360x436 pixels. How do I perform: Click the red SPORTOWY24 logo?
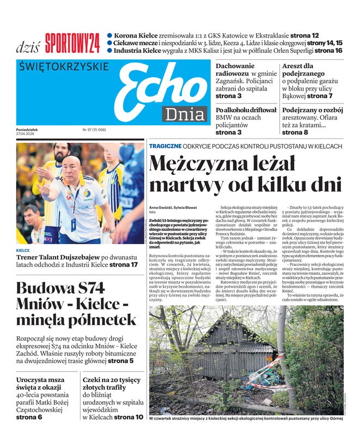[x=72, y=43]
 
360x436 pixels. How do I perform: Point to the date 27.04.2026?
[x=28, y=134]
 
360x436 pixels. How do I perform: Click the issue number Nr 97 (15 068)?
[x=94, y=130]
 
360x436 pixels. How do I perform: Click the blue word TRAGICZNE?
[x=166, y=146]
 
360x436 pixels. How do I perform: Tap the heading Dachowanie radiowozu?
[x=235, y=70]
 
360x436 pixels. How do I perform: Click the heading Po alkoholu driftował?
[x=246, y=110]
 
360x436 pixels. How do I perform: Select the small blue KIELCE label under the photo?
[x=23, y=251]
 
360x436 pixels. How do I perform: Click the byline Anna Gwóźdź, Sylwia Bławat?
[x=174, y=207]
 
